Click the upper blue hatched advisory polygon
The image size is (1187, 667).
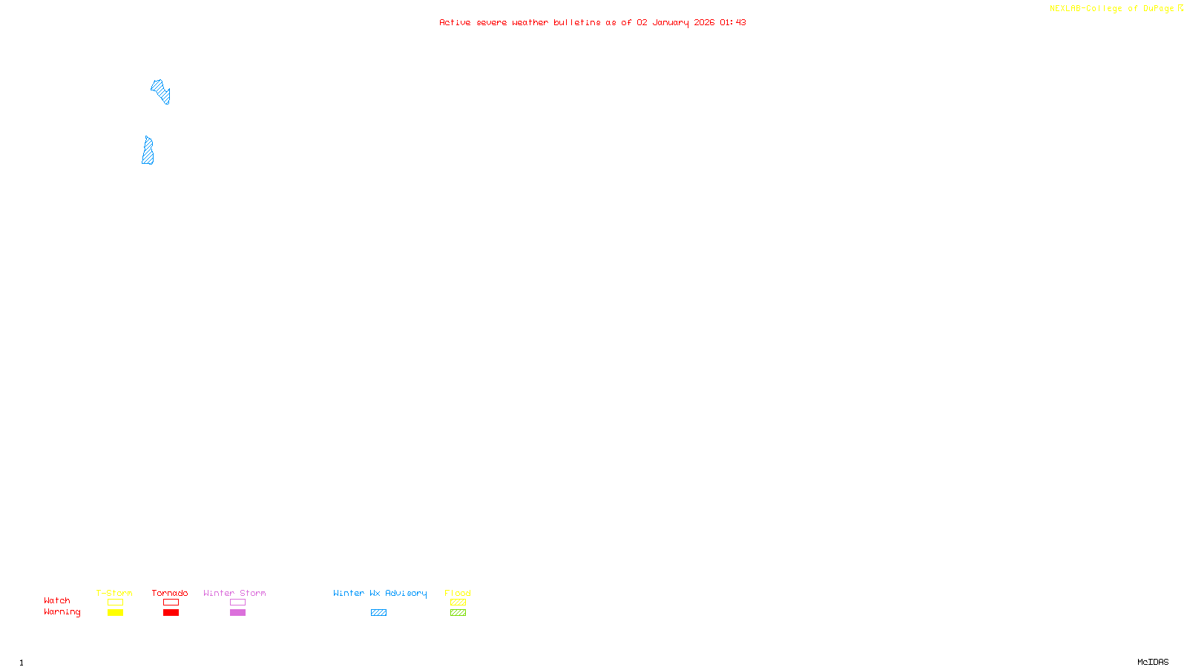pyautogui.click(x=161, y=92)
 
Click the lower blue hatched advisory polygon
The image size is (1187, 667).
pyautogui.click(x=148, y=151)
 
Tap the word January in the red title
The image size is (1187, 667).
pyautogui.click(x=671, y=22)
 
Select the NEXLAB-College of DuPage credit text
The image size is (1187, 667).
pyautogui.click(x=1112, y=8)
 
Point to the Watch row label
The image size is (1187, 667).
pyautogui.click(x=57, y=600)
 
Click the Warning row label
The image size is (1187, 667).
pyautogui.click(x=62, y=612)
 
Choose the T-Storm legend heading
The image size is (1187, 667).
pyautogui.click(x=114, y=593)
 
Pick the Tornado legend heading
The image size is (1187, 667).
pyautogui.click(x=170, y=593)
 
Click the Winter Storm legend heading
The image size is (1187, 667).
pyautogui.click(x=234, y=593)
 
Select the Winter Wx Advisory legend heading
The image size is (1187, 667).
pyautogui.click(x=380, y=593)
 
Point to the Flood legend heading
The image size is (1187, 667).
pyautogui.click(x=458, y=593)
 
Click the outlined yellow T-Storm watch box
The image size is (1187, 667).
pyautogui.click(x=115, y=603)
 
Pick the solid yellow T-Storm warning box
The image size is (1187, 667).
pyautogui.click(x=115, y=613)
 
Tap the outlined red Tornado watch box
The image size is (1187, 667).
pyautogui.click(x=171, y=603)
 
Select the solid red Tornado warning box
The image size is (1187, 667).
pyautogui.click(x=171, y=613)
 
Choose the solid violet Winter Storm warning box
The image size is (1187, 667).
pyautogui.click(x=237, y=613)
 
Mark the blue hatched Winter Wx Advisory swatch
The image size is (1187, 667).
pyautogui.click(x=378, y=613)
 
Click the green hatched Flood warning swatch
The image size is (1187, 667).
pyautogui.click(x=458, y=613)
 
